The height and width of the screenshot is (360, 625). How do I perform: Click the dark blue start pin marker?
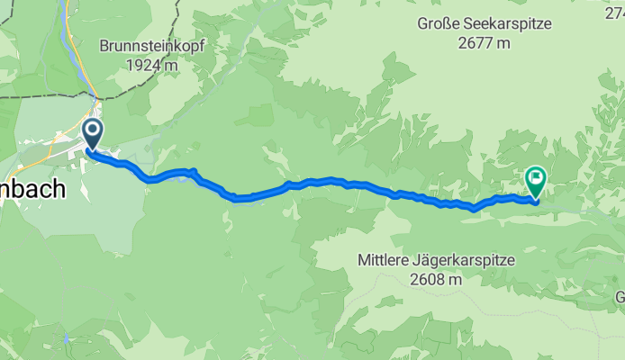coord(93,135)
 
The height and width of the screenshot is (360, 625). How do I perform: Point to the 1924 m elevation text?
coord(152,65)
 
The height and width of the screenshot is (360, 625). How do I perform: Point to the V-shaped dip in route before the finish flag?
coord(474,210)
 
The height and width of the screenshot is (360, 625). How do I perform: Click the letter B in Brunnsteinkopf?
coord(104,46)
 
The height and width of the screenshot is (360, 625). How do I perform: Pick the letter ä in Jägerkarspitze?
coord(426,260)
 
